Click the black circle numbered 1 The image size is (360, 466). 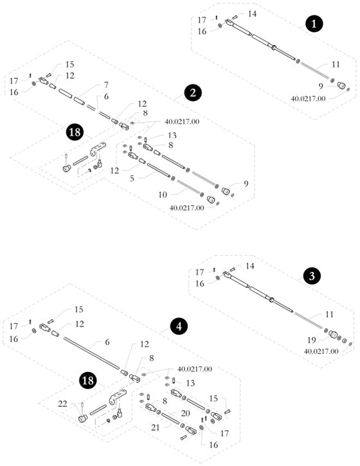[314, 24]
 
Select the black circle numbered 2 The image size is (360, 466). [193, 93]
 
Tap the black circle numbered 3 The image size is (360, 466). [312, 276]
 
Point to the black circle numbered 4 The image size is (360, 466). [179, 326]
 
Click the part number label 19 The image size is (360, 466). [311, 340]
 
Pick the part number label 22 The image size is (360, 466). [62, 404]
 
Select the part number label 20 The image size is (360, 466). [185, 413]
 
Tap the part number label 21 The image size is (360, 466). [156, 427]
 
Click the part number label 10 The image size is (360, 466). [163, 195]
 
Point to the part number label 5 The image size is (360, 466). [132, 178]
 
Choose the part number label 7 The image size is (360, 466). [106, 85]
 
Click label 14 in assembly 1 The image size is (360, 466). [252, 13]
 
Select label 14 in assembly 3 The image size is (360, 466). [250, 266]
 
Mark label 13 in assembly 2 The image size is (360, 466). [172, 136]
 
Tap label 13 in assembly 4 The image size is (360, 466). [190, 383]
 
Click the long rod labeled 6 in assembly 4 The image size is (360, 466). [91, 353]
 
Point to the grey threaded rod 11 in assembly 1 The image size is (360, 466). [315, 71]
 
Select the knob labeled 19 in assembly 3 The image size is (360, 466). [333, 336]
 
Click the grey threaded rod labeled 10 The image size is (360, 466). [190, 186]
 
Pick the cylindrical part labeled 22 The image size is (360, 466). [82, 418]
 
